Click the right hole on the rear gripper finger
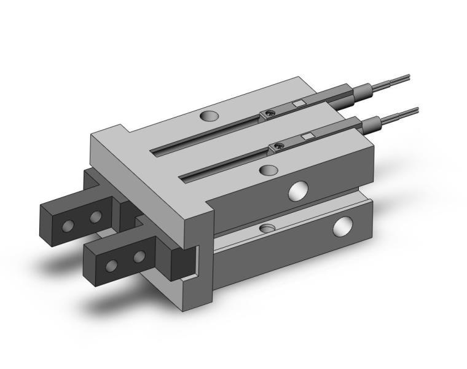click(x=95, y=217)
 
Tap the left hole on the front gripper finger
click(x=112, y=265)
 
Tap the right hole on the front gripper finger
click(x=139, y=256)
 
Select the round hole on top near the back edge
click(x=209, y=116)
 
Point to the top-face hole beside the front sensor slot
click(x=267, y=170)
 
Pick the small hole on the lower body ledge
click(x=266, y=228)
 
